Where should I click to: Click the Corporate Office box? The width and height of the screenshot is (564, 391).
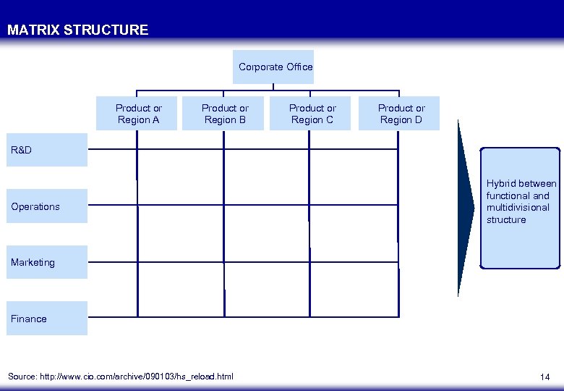(x=275, y=67)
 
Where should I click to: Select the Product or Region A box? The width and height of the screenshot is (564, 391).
(x=138, y=114)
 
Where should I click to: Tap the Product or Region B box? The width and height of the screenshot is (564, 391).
(x=225, y=114)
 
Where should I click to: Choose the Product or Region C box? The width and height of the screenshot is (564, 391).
(x=312, y=114)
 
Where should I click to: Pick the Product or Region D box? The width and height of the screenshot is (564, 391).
(x=401, y=114)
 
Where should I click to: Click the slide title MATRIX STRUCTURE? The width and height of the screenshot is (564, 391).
(x=77, y=30)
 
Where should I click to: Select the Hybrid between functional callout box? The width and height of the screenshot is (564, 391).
(x=521, y=209)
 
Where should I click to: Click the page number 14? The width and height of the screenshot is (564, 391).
(x=544, y=377)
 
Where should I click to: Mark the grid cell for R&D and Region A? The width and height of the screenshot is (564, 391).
(x=180, y=177)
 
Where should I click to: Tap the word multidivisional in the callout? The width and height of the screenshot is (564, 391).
(x=518, y=208)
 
